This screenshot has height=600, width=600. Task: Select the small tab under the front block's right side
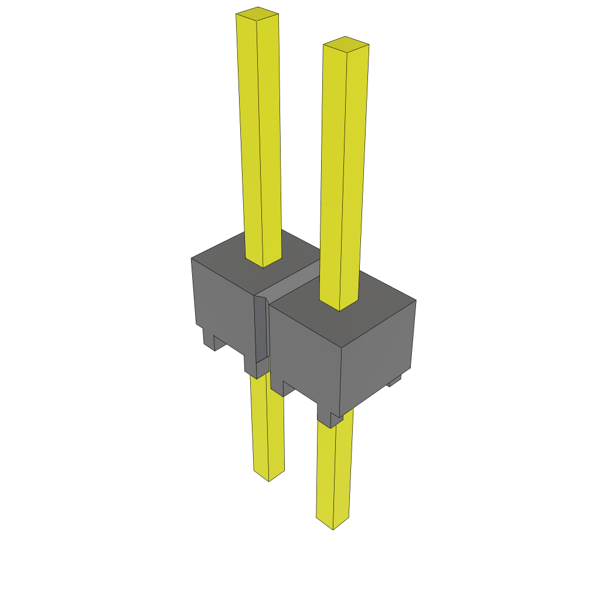(394, 382)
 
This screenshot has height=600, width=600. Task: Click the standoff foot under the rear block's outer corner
(209, 342)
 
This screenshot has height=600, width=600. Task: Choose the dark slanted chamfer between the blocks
(261, 328)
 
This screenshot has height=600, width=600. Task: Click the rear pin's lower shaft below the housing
(268, 428)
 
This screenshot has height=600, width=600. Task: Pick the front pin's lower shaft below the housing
(335, 469)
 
